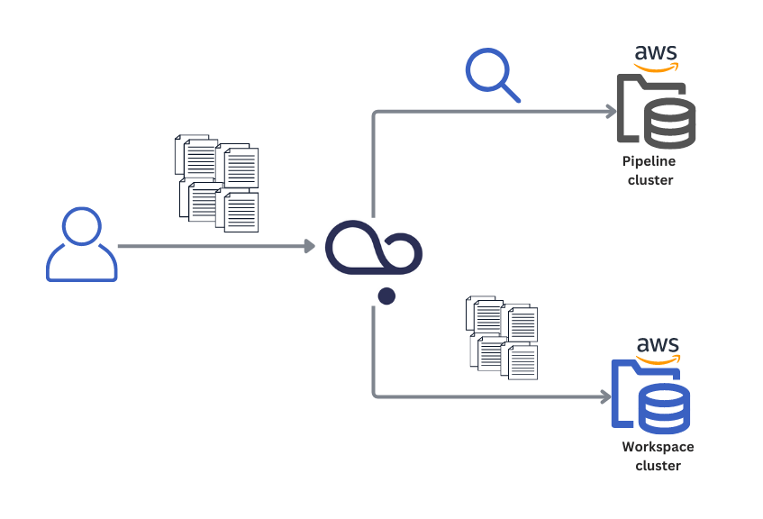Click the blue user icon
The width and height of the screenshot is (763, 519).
pyautogui.click(x=81, y=245)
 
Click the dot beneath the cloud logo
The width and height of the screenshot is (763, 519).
pyautogui.click(x=386, y=296)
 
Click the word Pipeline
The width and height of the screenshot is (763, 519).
pyautogui.click(x=649, y=161)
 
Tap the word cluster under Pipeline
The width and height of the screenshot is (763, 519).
pyautogui.click(x=650, y=180)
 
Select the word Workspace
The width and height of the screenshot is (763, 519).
pyautogui.click(x=658, y=447)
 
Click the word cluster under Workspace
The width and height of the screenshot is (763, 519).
pyautogui.click(x=658, y=466)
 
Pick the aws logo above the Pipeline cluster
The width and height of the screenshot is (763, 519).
pyautogui.click(x=656, y=57)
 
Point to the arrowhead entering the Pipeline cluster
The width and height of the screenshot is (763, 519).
pyautogui.click(x=612, y=112)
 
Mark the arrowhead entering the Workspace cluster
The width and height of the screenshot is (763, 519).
pyautogui.click(x=605, y=396)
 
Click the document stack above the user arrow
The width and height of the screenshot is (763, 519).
pyautogui.click(x=216, y=183)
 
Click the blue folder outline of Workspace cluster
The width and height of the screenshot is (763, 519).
pyautogui.click(x=622, y=396)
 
